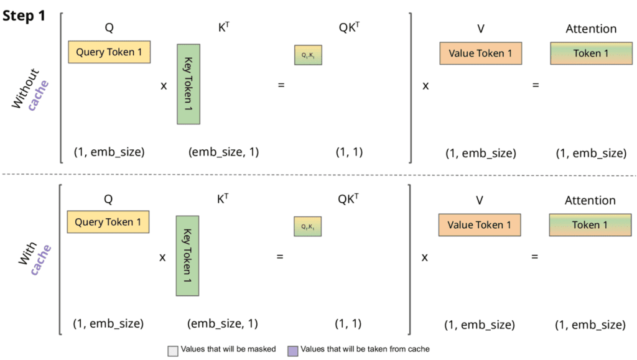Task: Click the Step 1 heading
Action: [x=24, y=16]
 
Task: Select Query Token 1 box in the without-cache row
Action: [x=109, y=52]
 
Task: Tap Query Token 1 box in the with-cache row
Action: [x=109, y=222]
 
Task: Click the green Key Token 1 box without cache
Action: [x=188, y=84]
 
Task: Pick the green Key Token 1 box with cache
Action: [x=187, y=256]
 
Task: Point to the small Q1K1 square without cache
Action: [x=308, y=55]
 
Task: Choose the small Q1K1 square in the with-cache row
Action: [x=308, y=227]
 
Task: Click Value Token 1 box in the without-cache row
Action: [x=480, y=53]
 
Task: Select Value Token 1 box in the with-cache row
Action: [x=479, y=224]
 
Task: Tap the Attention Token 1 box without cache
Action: [x=591, y=53]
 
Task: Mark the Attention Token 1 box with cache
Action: [x=590, y=225]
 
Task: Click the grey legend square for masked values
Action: [x=173, y=349]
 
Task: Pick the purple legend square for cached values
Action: [x=292, y=349]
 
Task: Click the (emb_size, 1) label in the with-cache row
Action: [x=222, y=323]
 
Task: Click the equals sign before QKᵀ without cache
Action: [x=281, y=85]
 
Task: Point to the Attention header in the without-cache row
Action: [x=591, y=29]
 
